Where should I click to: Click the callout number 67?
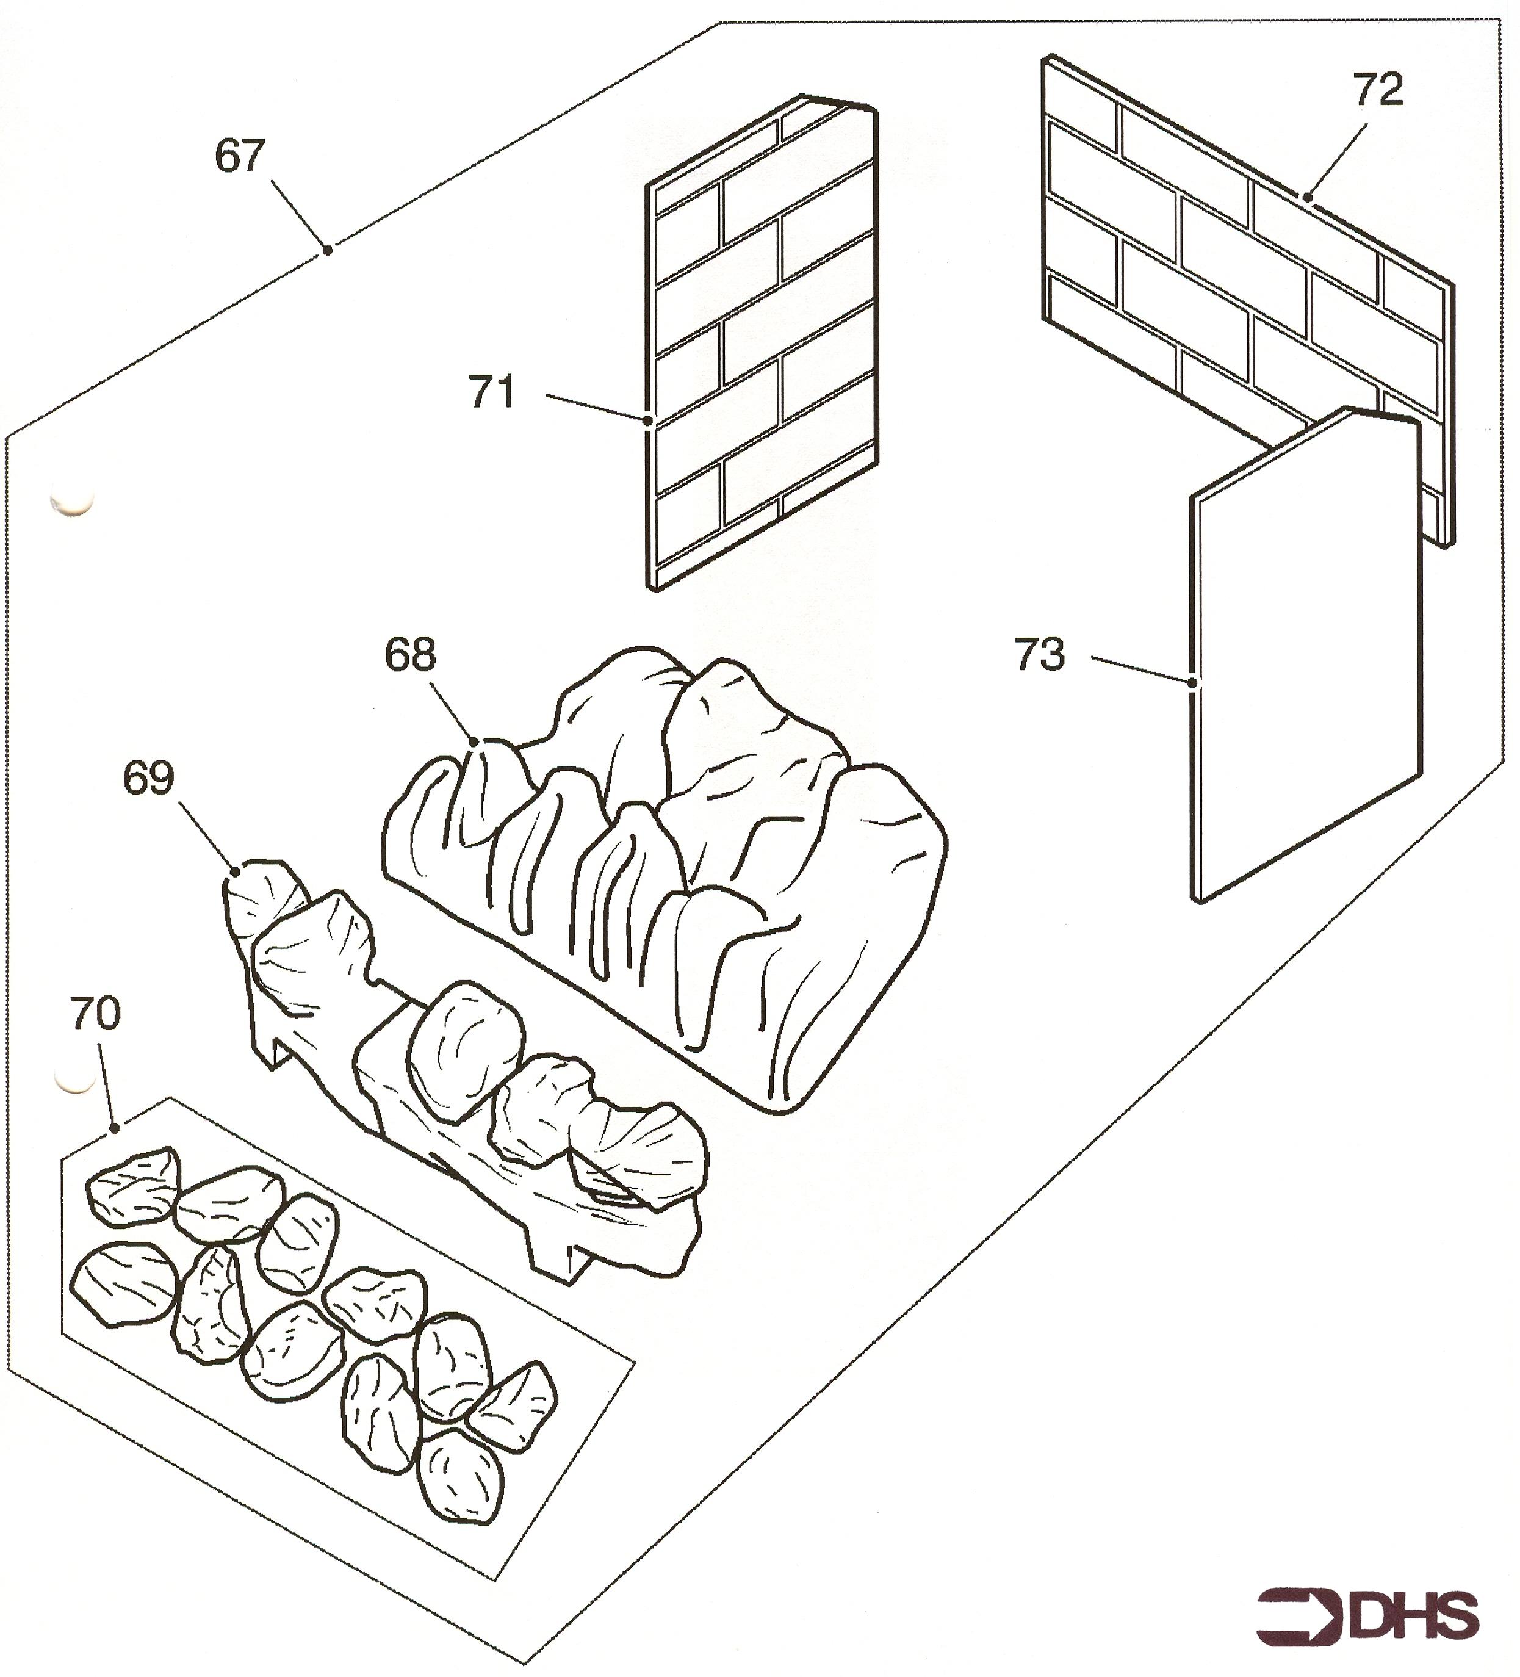[240, 156]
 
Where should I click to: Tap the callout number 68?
[409, 655]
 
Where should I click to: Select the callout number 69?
[149, 779]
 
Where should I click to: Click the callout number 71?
[492, 392]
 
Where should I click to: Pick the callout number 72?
[1378, 90]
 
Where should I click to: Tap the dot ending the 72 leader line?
[1307, 198]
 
